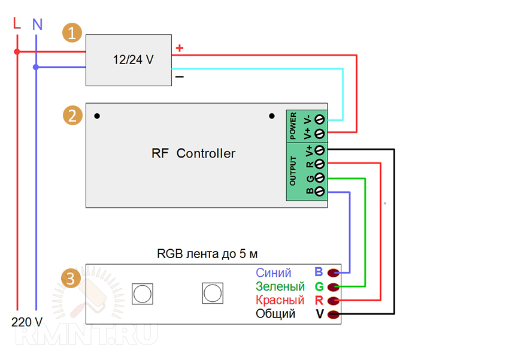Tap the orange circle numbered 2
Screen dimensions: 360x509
(72, 115)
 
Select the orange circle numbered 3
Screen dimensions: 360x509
(71, 279)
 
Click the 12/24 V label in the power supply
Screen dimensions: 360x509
(133, 60)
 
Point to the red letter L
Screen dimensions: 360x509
(16, 24)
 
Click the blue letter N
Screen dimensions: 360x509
(37, 25)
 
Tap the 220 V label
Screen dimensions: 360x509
(27, 322)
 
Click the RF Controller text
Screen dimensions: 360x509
(193, 153)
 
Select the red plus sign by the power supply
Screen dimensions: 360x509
(179, 47)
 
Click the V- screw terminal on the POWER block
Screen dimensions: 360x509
(320, 118)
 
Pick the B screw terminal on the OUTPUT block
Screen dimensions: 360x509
(320, 192)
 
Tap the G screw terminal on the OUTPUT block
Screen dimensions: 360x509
(320, 178)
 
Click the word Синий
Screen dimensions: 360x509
(274, 273)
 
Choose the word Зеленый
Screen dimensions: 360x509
(280, 287)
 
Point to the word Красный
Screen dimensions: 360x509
(280, 300)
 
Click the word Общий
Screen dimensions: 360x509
(275, 314)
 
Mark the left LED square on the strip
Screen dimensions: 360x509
(142, 293)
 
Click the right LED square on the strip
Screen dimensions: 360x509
(212, 292)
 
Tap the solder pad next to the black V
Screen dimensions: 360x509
(334, 314)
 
